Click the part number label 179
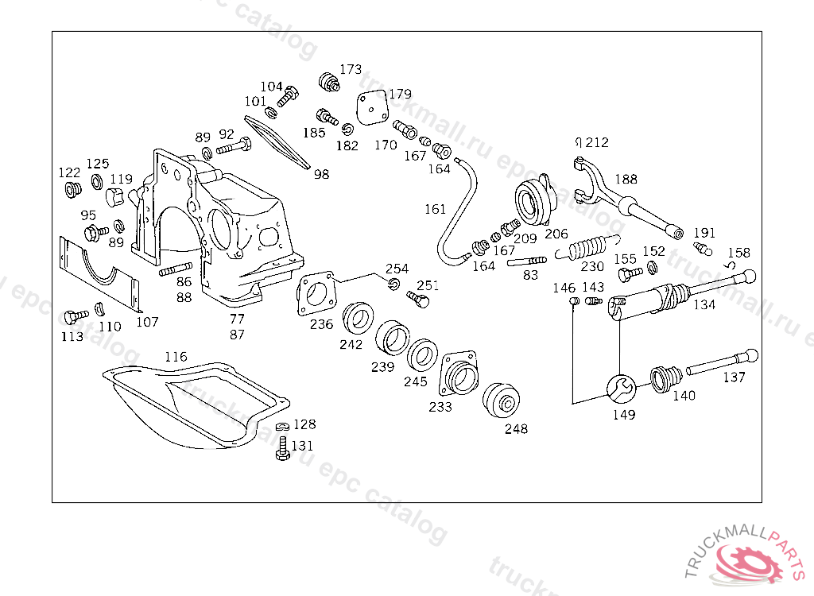point(400,94)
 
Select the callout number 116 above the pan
point(176,357)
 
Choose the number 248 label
point(516,429)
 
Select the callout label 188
point(626,180)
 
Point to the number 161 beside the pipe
point(435,209)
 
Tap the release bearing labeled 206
point(532,201)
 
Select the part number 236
point(321,324)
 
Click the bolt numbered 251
point(418,299)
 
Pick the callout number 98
point(321,174)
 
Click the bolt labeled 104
point(289,95)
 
